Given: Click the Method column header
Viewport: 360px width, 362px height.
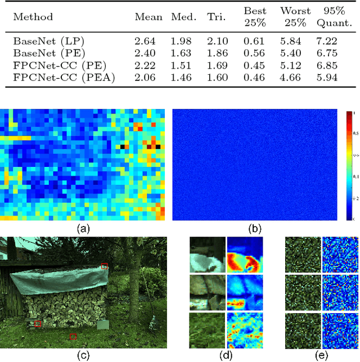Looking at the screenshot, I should point(33,17).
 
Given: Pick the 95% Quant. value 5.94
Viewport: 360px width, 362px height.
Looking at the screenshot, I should point(326,77).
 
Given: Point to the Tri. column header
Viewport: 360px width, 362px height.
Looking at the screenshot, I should point(217,17).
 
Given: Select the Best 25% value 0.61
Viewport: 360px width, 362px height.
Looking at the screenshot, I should point(254,42).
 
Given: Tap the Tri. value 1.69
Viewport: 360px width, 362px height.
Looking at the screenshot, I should point(217,65).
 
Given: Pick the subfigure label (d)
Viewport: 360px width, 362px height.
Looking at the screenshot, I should point(226,355).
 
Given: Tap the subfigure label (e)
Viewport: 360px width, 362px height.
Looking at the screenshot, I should point(321,355).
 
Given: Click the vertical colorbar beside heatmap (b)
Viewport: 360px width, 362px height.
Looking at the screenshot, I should point(350,166).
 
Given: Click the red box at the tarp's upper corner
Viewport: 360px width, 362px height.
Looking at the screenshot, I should point(103,266).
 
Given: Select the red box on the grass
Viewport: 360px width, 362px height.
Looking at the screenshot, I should point(73,336).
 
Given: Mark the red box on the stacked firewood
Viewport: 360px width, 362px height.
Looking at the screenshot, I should point(38,323).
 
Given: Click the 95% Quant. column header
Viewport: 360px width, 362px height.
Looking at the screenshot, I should point(326,17).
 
